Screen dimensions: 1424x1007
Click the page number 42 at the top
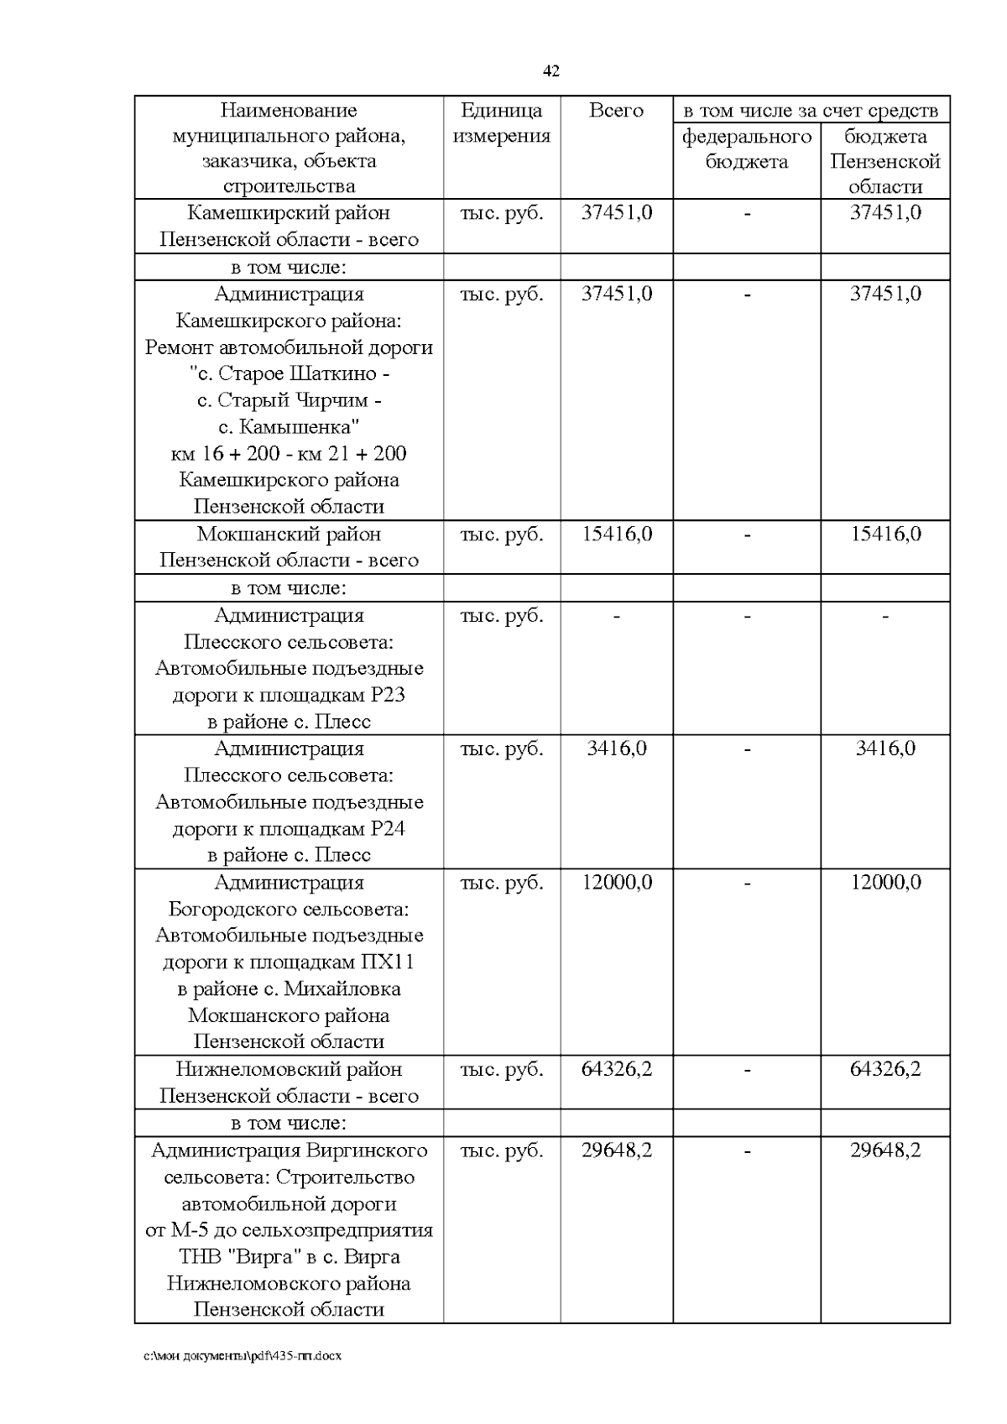click(x=551, y=71)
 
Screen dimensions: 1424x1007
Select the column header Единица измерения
click(x=502, y=123)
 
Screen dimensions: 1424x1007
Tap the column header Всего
click(x=616, y=111)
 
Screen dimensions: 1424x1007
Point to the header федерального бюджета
click(x=747, y=149)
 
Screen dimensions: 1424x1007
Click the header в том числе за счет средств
click(x=811, y=111)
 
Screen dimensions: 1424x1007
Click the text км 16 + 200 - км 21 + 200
click(x=289, y=454)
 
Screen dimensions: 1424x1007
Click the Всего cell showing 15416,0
click(x=617, y=535)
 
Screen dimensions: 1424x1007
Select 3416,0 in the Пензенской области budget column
click(x=885, y=749)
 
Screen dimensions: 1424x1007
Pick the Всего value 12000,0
click(x=617, y=882)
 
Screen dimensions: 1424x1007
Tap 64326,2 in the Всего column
click(x=617, y=1069)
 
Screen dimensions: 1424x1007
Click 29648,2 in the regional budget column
click(x=885, y=1150)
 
